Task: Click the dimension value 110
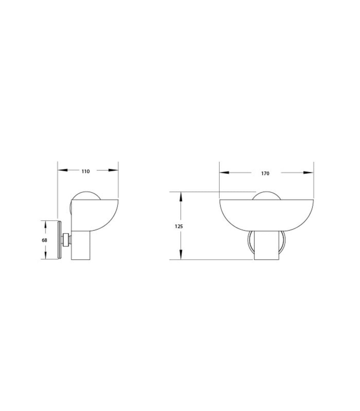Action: point(86,171)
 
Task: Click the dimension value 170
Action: point(265,173)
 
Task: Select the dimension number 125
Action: point(179,226)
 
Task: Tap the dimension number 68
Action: point(45,240)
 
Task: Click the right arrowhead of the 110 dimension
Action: point(113,170)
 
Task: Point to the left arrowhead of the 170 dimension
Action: point(224,173)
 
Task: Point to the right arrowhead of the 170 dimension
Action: point(308,173)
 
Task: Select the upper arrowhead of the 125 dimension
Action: point(180,197)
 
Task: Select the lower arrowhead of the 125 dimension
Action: point(180,254)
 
